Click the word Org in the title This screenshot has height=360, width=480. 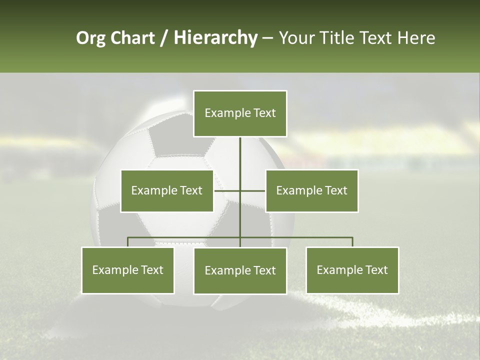tap(91, 38)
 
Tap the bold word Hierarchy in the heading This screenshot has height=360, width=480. tap(215, 38)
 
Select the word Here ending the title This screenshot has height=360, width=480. tap(416, 38)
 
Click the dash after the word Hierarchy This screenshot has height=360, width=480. tap(267, 38)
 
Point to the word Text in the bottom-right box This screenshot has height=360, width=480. tap(376, 270)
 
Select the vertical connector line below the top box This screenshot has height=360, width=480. tap(240, 155)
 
